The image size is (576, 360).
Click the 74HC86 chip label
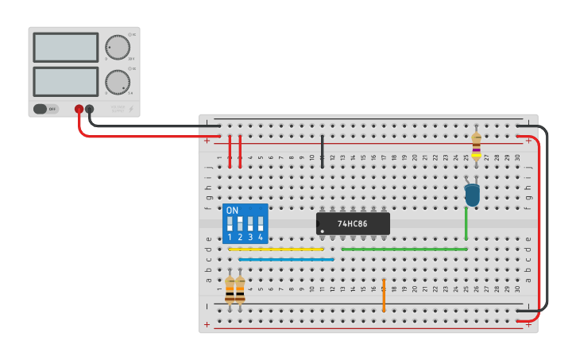pos(353,224)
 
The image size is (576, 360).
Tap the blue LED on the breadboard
pos(473,195)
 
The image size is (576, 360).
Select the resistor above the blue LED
pos(476,145)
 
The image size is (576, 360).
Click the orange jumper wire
pos(384,295)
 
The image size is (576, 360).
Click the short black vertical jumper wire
pos(322,149)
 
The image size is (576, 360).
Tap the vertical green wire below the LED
pos(466,223)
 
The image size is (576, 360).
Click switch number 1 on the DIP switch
pos(230,224)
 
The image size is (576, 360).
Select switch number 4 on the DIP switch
pos(260,224)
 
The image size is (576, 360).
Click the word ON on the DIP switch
pos(232,211)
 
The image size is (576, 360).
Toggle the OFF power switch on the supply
pos(46,109)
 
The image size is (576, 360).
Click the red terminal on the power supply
pos(79,110)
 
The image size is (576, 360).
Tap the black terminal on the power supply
pos(90,110)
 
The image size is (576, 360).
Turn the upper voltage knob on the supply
pos(118,47)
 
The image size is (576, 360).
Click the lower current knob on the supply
pos(118,81)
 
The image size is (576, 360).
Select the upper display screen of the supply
pos(66,47)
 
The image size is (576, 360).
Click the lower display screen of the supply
pos(66,81)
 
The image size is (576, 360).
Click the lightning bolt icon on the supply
pos(131,109)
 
